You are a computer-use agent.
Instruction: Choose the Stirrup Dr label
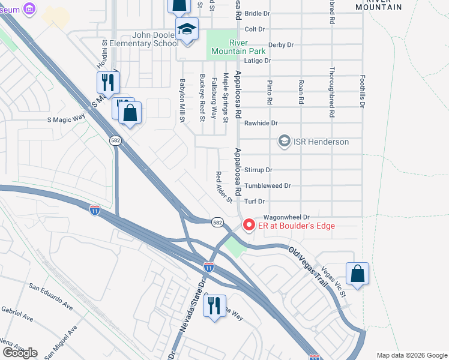(258, 170)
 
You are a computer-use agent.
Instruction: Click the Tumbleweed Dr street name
(267, 186)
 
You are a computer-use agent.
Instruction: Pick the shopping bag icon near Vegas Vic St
(357, 274)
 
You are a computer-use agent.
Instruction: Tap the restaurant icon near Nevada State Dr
(214, 305)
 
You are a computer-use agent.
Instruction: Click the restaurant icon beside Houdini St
(108, 82)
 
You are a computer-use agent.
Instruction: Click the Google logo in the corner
(20, 353)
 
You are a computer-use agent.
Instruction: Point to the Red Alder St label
(223, 187)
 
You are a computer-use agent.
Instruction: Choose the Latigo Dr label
(259, 61)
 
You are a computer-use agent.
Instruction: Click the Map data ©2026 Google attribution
(411, 355)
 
